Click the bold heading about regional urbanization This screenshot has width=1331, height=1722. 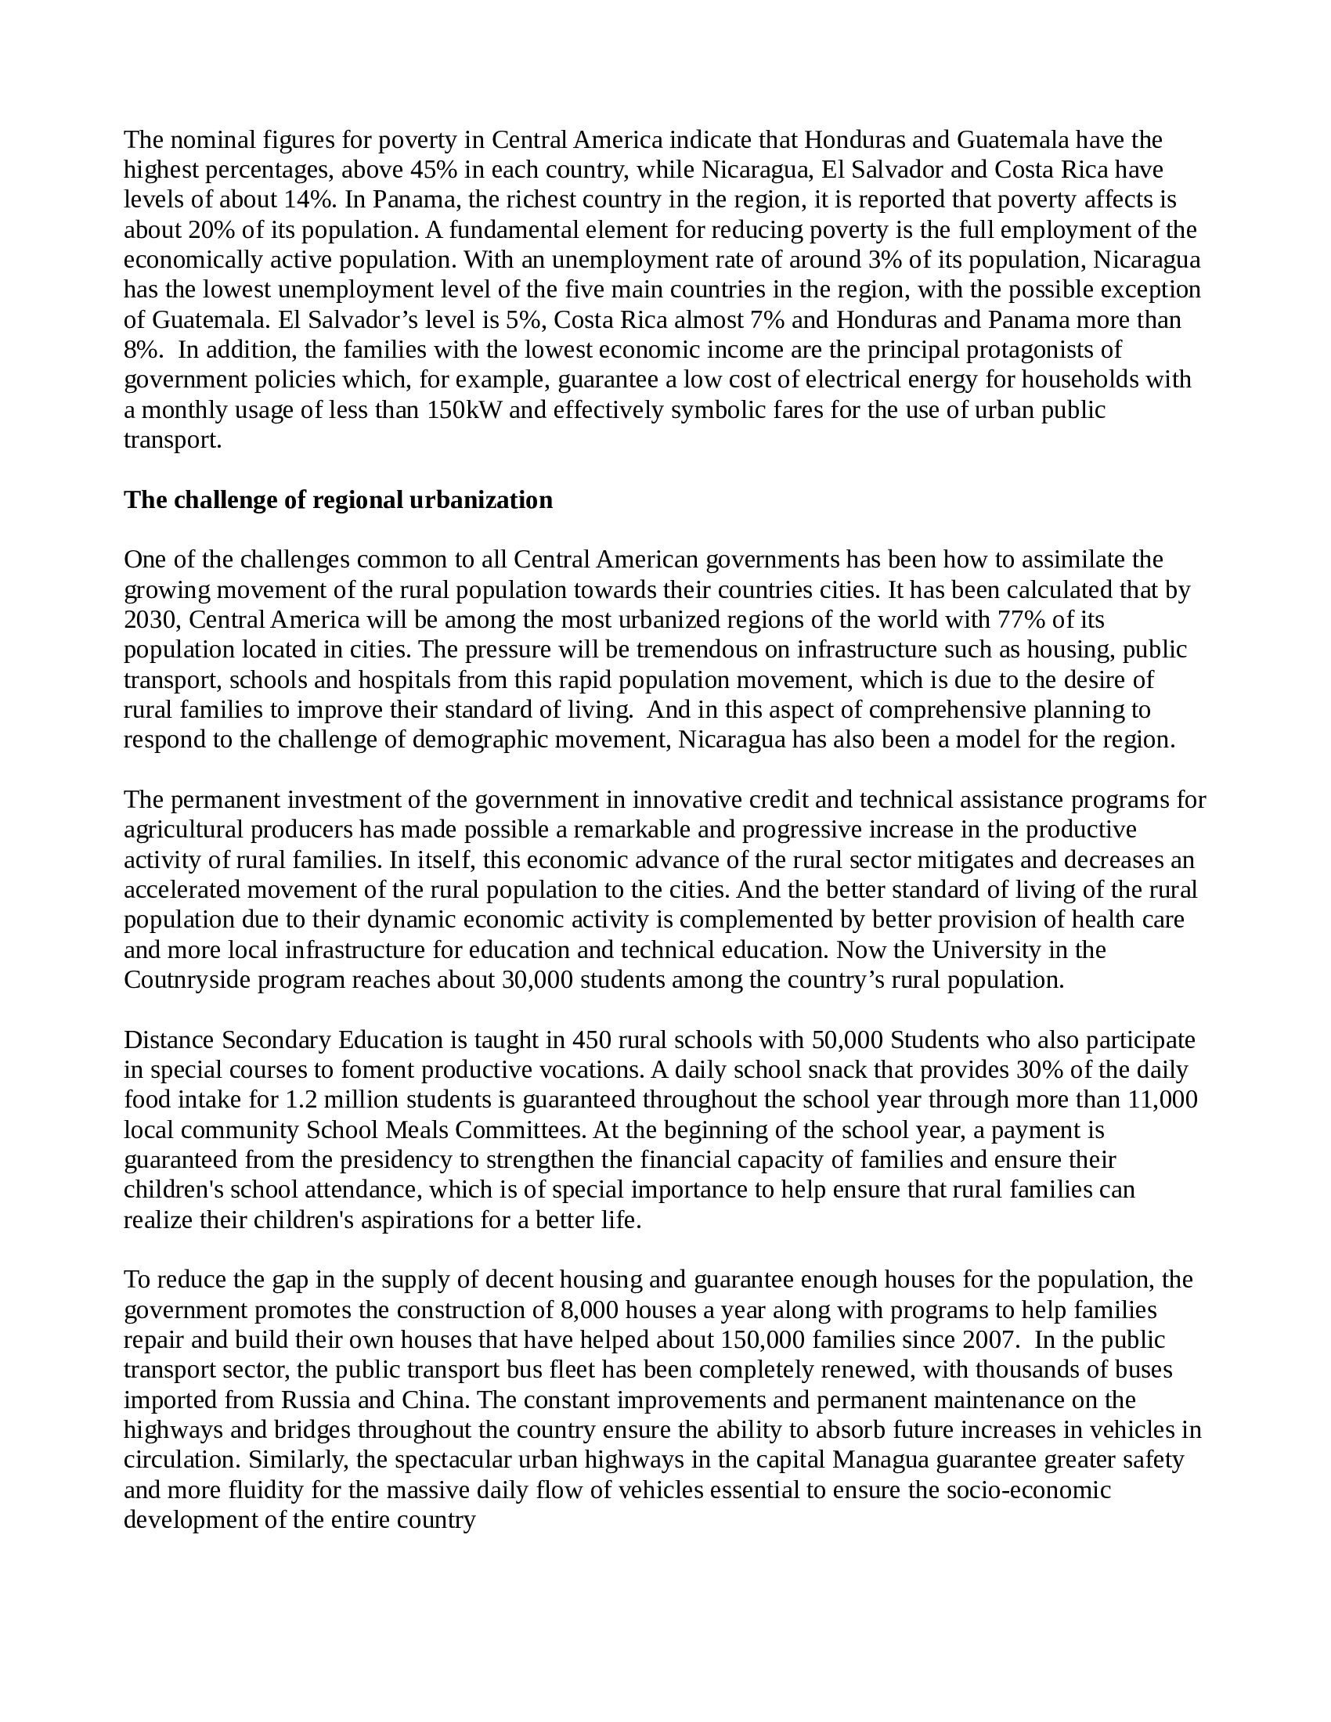(338, 500)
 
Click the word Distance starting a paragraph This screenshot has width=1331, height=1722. (170, 1040)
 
